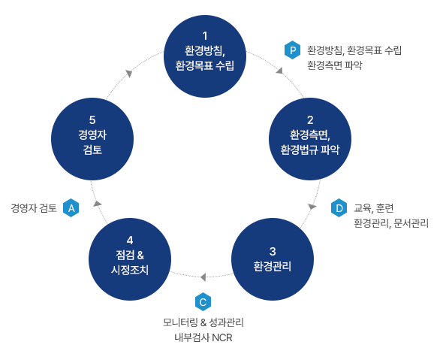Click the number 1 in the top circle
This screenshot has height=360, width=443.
click(x=205, y=36)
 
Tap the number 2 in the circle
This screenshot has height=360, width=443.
click(x=310, y=120)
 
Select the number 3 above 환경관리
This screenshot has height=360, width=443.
click(x=273, y=251)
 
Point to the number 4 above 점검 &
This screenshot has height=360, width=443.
click(x=130, y=240)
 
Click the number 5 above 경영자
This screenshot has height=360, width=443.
click(x=92, y=120)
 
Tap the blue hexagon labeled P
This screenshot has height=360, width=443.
click(x=292, y=50)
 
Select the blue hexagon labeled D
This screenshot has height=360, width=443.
click(x=339, y=208)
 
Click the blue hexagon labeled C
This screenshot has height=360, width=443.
click(x=203, y=302)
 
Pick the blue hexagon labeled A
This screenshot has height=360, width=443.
click(x=71, y=208)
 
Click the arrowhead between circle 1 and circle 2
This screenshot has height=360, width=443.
click(x=280, y=71)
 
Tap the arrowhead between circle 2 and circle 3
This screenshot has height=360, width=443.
click(x=312, y=207)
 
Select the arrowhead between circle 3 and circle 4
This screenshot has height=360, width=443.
click(x=203, y=277)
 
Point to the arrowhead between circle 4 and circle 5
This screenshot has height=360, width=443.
click(x=97, y=204)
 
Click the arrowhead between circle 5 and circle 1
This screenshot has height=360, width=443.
click(x=129, y=73)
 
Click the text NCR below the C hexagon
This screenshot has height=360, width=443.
click(x=222, y=337)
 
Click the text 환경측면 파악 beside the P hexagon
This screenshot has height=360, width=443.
click(x=335, y=65)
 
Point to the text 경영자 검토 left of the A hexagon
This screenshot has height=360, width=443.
click(x=34, y=208)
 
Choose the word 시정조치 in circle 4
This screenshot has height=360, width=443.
click(x=130, y=270)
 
